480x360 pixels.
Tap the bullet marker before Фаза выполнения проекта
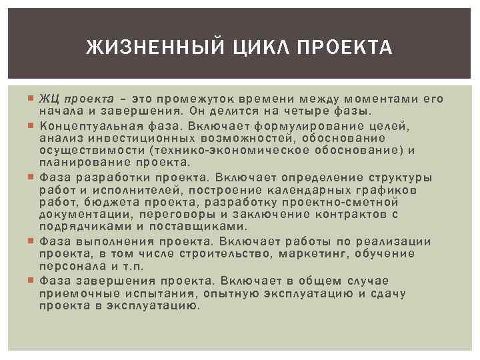[32, 241]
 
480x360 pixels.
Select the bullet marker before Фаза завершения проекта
[32, 281]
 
